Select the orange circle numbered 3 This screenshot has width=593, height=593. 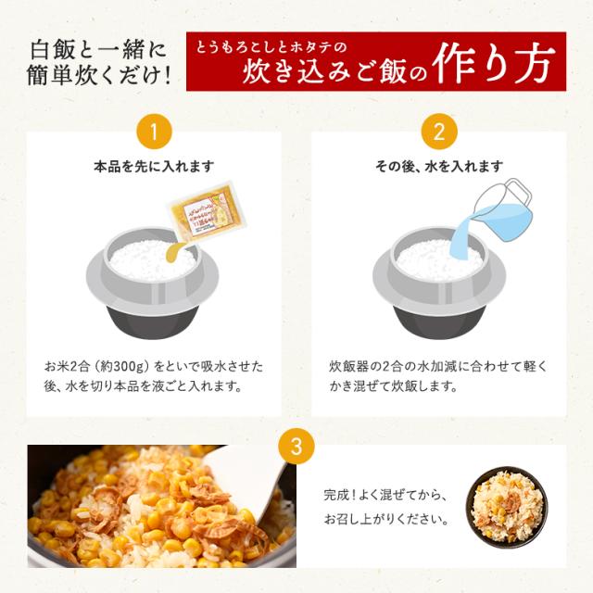point(296,447)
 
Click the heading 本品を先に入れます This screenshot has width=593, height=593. point(155,167)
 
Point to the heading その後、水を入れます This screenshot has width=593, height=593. point(438,167)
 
